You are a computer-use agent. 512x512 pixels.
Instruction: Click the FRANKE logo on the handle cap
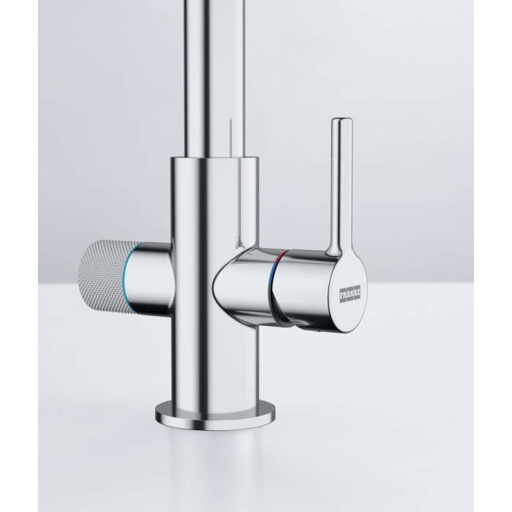pos(350,294)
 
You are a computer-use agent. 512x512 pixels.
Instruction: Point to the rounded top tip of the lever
pos(342,120)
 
